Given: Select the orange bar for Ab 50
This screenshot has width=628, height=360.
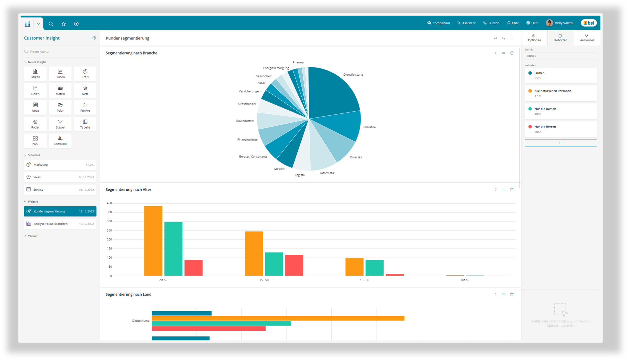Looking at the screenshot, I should click(x=153, y=241).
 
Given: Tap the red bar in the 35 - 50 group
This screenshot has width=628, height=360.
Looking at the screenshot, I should click(x=294, y=265).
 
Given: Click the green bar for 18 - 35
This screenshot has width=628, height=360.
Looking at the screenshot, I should click(x=374, y=268).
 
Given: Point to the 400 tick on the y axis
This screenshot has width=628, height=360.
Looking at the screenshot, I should click(x=109, y=203).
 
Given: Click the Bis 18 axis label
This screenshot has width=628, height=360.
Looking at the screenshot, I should click(x=465, y=280).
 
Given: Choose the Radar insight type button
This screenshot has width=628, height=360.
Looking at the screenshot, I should click(x=35, y=124).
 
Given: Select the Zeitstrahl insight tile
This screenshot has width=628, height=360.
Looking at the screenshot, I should click(x=60, y=141).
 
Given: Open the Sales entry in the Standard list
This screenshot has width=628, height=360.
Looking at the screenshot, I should click(x=60, y=177).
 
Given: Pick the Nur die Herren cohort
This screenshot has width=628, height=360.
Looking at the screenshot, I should click(x=561, y=129).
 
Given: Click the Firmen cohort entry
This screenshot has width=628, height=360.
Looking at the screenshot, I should click(x=561, y=75).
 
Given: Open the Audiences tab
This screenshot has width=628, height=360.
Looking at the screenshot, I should click(x=587, y=38).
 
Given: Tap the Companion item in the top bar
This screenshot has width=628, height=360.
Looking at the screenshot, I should click(x=439, y=23).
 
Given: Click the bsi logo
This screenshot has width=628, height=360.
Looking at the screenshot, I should click(x=589, y=23).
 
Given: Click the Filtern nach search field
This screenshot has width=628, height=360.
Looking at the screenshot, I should click(x=60, y=51).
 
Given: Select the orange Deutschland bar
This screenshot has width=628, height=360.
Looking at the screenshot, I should click(x=278, y=318).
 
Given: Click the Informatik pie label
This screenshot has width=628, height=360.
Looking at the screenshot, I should click(x=327, y=173).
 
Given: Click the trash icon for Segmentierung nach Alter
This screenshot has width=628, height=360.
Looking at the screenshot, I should click(x=512, y=190).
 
